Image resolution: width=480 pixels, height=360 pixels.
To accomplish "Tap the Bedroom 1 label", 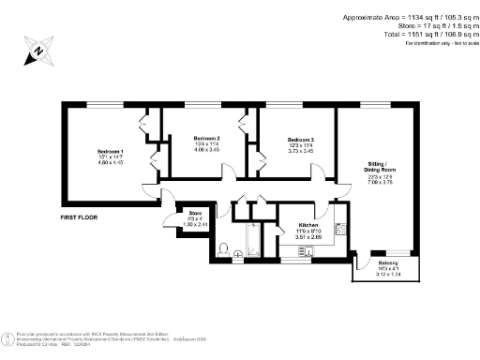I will [x=111, y=152].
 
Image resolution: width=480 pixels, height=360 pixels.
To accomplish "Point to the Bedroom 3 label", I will [x=300, y=140].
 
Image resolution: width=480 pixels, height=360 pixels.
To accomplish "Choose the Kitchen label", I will [x=309, y=226].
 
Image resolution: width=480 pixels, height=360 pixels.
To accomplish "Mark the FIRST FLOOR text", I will [x=80, y=217].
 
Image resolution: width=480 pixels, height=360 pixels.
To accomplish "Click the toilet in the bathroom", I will [x=223, y=249].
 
